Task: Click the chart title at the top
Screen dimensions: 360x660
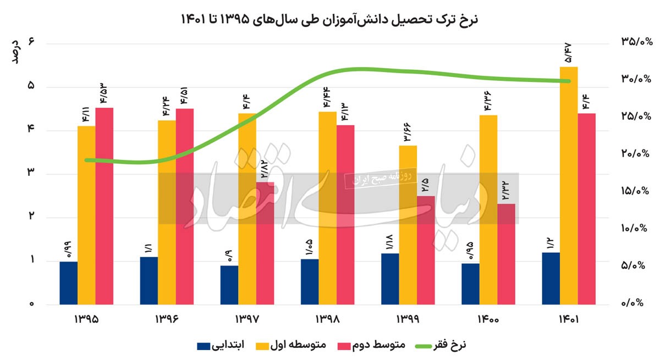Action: (330, 19)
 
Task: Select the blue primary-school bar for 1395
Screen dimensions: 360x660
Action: (69, 283)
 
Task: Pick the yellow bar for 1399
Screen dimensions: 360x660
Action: (408, 225)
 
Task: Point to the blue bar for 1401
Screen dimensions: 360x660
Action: (551, 278)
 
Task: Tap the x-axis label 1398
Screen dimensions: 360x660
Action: (328, 319)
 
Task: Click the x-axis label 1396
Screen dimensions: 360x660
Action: (167, 319)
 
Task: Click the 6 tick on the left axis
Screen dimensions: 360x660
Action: (32, 43)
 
